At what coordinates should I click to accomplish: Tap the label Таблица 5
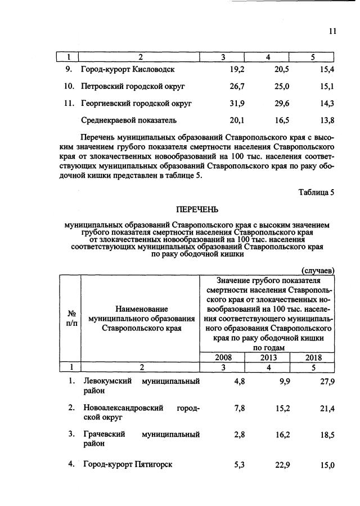point(316,192)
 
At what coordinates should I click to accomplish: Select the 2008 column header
point(223,357)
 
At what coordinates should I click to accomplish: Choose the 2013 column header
point(269,357)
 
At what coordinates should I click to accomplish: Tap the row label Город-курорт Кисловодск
point(128,70)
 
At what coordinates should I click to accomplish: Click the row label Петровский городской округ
point(133,87)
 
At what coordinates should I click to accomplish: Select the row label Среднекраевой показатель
point(129,120)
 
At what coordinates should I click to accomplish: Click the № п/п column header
point(71,318)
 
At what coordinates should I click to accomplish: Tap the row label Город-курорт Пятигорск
point(127,464)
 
